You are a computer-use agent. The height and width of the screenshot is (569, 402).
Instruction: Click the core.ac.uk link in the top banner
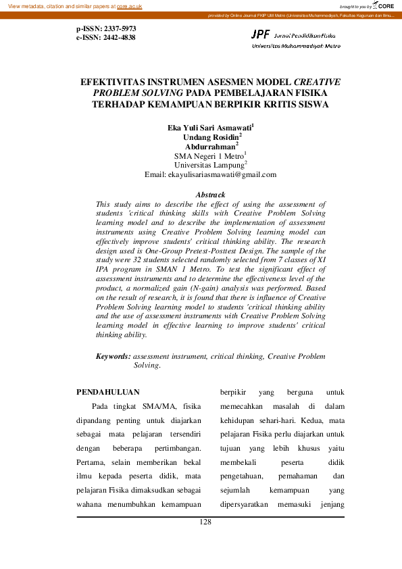[129, 5]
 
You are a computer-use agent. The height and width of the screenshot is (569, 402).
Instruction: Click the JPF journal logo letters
[260, 33]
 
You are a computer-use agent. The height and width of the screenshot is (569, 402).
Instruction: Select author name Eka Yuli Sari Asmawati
[209, 127]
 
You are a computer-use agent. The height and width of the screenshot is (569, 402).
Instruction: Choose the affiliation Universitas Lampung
[209, 165]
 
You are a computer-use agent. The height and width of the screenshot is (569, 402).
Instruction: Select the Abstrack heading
[210, 195]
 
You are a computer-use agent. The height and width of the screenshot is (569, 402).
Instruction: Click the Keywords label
[113, 355]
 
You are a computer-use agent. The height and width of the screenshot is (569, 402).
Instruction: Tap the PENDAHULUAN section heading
[108, 391]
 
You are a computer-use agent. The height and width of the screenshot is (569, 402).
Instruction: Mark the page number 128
[206, 522]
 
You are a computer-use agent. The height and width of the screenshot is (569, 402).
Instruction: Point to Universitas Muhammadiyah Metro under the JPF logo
[296, 46]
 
